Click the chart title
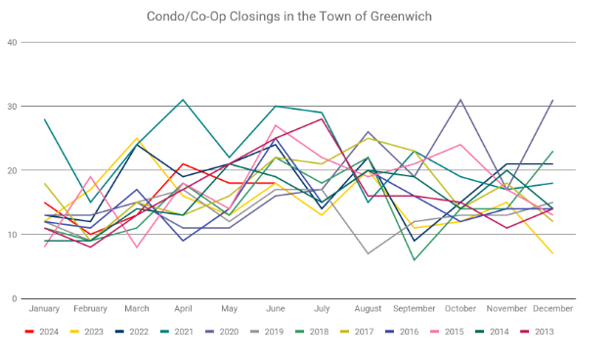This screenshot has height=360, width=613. click(x=289, y=17)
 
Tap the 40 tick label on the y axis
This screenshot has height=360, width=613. click(x=12, y=42)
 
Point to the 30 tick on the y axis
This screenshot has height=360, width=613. click(x=12, y=106)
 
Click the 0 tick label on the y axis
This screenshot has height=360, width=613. click(x=15, y=298)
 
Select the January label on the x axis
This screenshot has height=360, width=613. click(x=44, y=309)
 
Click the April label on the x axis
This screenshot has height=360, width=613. click(x=183, y=309)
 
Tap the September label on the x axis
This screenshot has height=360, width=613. click(x=414, y=309)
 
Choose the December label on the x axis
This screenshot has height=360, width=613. click(x=552, y=309)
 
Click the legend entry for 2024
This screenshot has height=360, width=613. click(x=41, y=332)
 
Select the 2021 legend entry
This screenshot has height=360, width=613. click(x=177, y=332)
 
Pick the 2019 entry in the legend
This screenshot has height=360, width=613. click(x=267, y=332)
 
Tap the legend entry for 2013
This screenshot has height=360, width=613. click(x=537, y=332)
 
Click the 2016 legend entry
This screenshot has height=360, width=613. click(x=402, y=332)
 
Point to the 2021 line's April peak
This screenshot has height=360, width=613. click(x=183, y=100)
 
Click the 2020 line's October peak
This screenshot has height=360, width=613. click(x=460, y=100)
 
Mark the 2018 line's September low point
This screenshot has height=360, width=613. click(x=415, y=260)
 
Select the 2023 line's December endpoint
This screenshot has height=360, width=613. click(x=552, y=253)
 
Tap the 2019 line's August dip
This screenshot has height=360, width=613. click(x=368, y=253)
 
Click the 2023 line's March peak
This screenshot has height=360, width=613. click(x=137, y=138)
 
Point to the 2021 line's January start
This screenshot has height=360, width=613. click(x=45, y=119)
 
